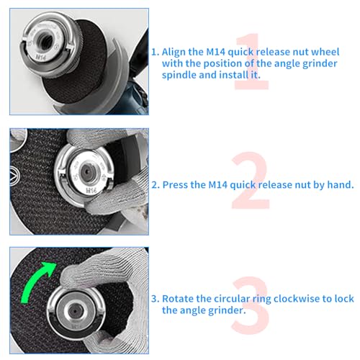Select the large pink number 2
(x=251, y=180)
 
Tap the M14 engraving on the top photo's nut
(x=41, y=57)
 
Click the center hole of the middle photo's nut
(x=86, y=171)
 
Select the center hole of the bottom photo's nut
(x=75, y=311)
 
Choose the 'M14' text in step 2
(x=217, y=185)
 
